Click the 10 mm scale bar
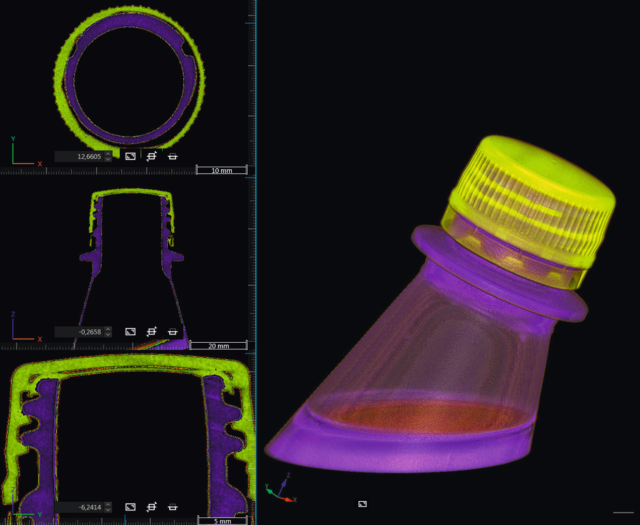(221, 170)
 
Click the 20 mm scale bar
(218, 345)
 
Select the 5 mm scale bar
(222, 521)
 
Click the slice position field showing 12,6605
(79, 156)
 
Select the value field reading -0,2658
(79, 332)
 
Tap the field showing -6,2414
(79, 507)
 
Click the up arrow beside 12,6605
(108, 154)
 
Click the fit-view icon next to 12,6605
(131, 156)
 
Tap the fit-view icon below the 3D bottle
(363, 504)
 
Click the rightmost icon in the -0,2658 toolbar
(173, 332)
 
